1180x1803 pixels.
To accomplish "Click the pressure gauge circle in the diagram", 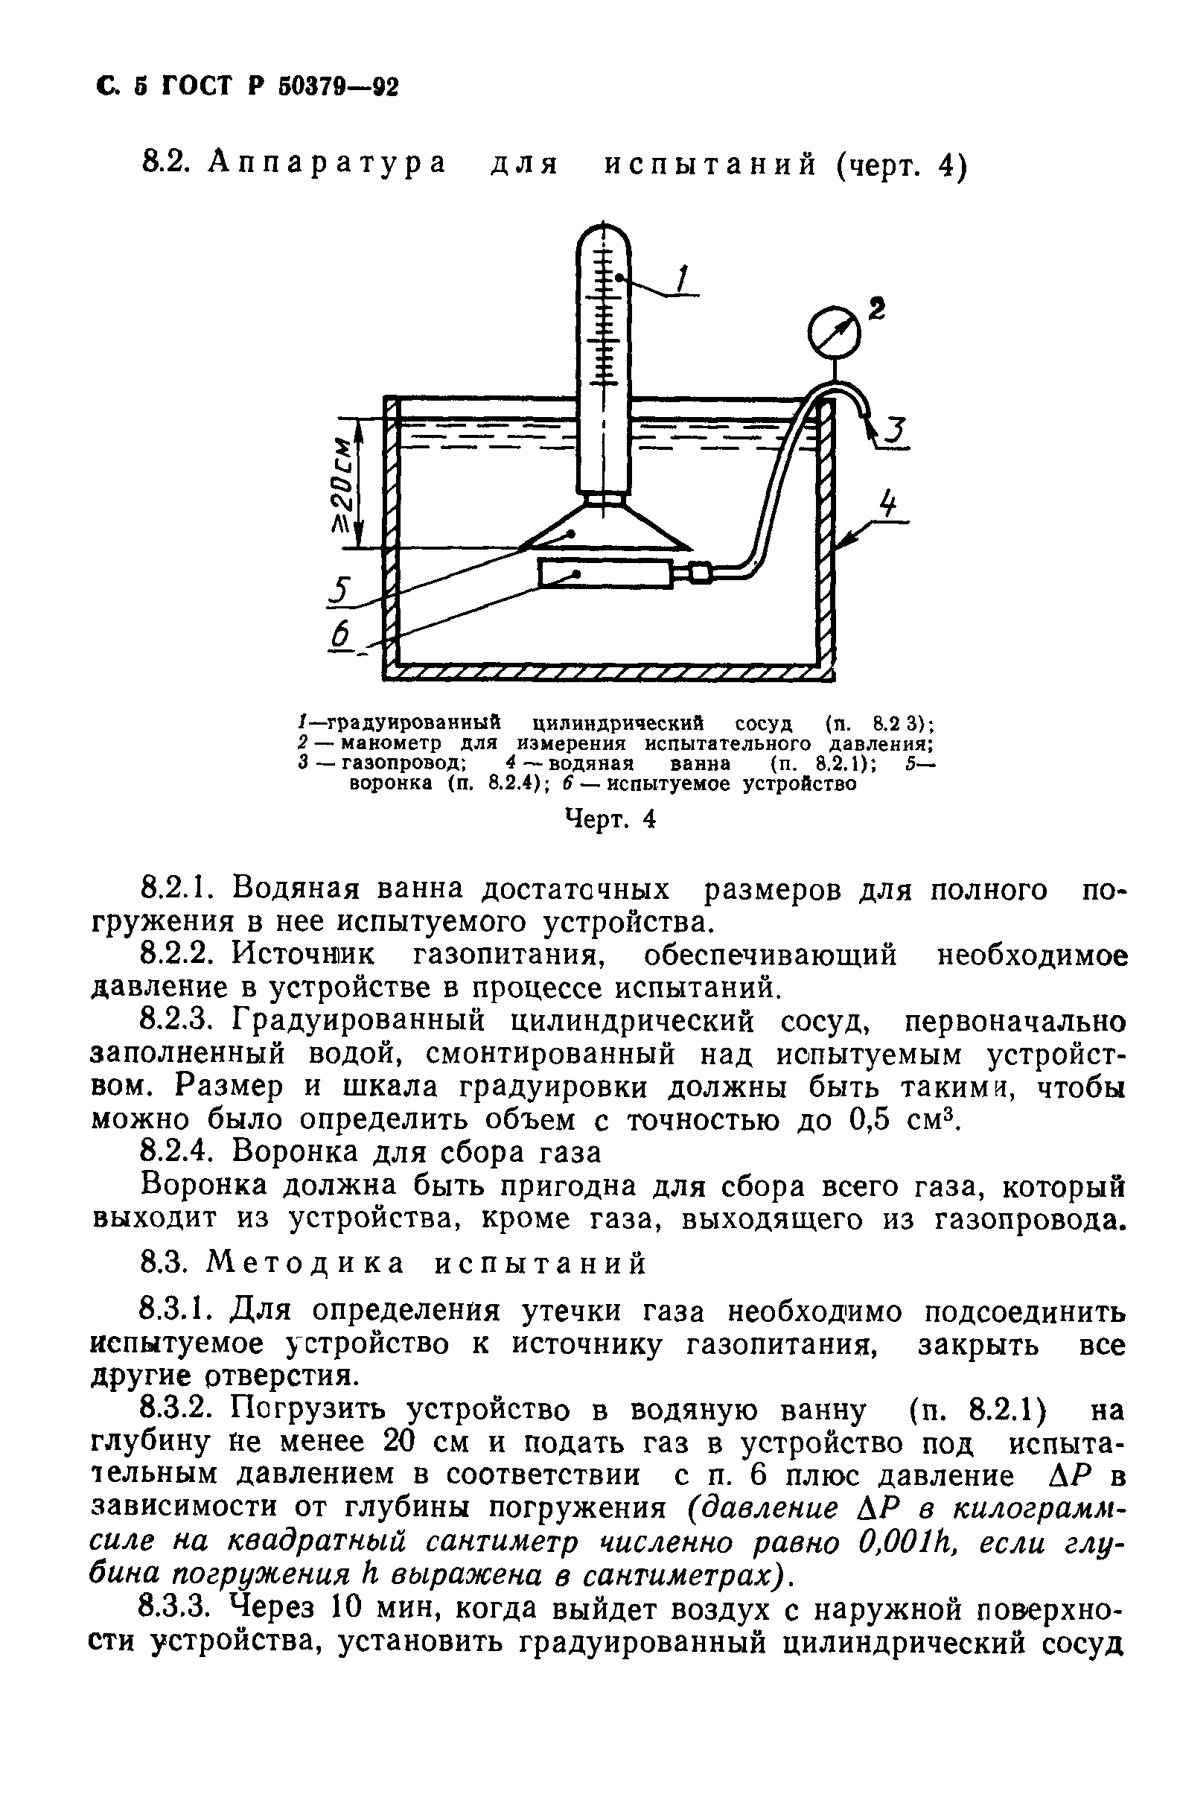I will pos(834,331).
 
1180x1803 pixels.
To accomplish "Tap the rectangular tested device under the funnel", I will pos(605,573).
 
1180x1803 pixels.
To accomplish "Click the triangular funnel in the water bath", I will pos(604,528).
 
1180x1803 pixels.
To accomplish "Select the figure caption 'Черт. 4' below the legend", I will pos(610,819).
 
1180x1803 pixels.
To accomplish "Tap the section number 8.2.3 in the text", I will pos(181,1022).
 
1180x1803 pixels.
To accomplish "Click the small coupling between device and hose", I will pos(699,573).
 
